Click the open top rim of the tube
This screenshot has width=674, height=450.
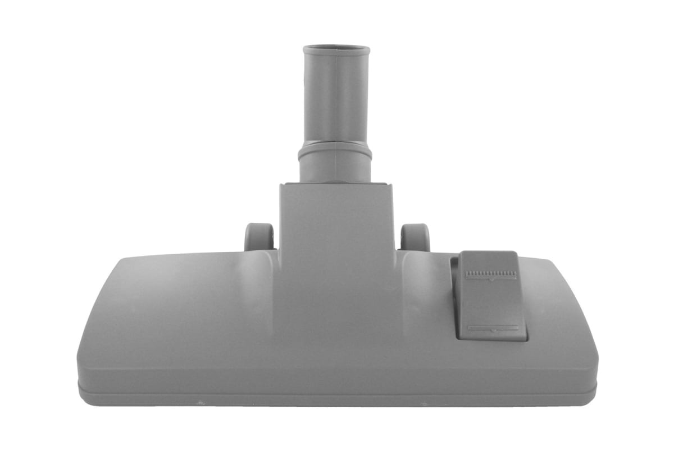coord(336,49)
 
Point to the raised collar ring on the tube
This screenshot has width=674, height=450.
coord(335,150)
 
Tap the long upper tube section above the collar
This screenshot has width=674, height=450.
coord(336,96)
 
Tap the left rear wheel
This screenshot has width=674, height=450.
coord(259,237)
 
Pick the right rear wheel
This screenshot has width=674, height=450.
coord(416,237)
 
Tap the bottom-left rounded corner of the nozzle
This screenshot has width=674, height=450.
coord(84,388)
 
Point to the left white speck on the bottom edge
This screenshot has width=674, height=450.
coord(198,402)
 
